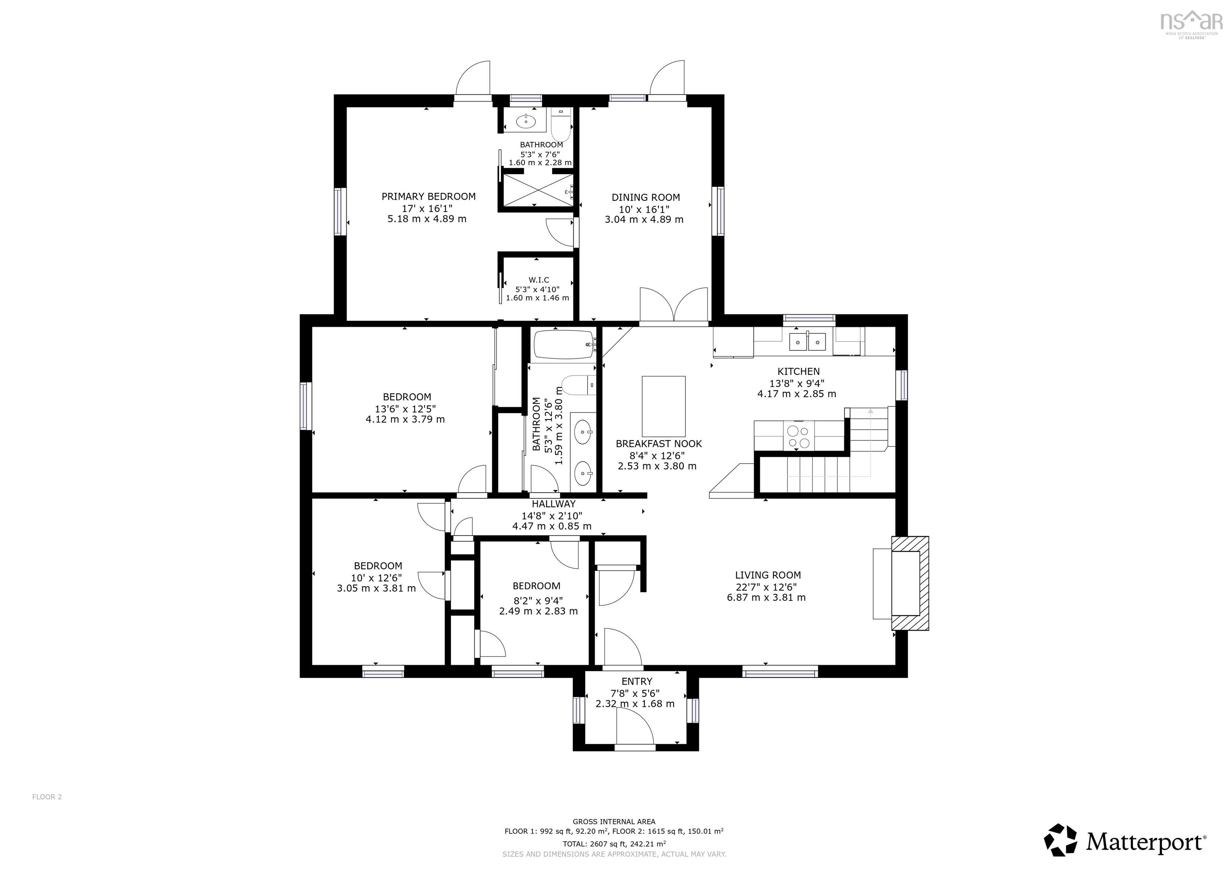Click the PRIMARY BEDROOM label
(428, 196)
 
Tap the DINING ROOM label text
(646, 198)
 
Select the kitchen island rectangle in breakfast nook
(663, 406)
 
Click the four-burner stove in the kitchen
(799, 436)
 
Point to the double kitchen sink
(807, 341)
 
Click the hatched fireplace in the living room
(910, 583)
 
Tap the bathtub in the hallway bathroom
(564, 345)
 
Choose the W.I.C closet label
(538, 280)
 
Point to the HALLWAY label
(553, 504)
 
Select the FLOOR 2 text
(47, 797)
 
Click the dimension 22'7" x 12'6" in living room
(766, 586)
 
